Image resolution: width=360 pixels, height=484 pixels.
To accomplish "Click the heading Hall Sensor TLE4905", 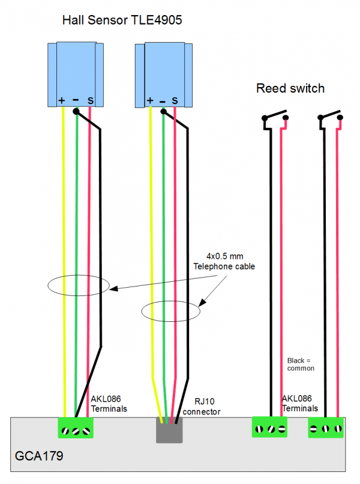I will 122,21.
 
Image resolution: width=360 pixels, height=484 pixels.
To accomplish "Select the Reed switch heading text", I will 290,89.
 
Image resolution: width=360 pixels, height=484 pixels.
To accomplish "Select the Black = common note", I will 301,364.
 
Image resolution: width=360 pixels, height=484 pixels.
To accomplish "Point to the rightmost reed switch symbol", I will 331,119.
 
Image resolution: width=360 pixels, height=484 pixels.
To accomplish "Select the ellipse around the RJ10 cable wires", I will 170,311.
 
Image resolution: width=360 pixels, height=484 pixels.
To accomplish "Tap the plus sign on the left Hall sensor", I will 62,100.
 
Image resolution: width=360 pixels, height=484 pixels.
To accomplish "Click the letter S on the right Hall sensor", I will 175,100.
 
